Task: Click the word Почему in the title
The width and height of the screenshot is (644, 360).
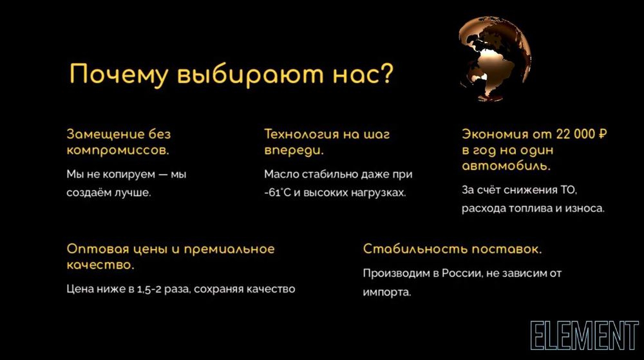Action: [109, 75]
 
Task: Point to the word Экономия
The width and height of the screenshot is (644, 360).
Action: [493, 135]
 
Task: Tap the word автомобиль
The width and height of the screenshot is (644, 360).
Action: [506, 166]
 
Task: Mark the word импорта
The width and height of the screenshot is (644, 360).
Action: [386, 292]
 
